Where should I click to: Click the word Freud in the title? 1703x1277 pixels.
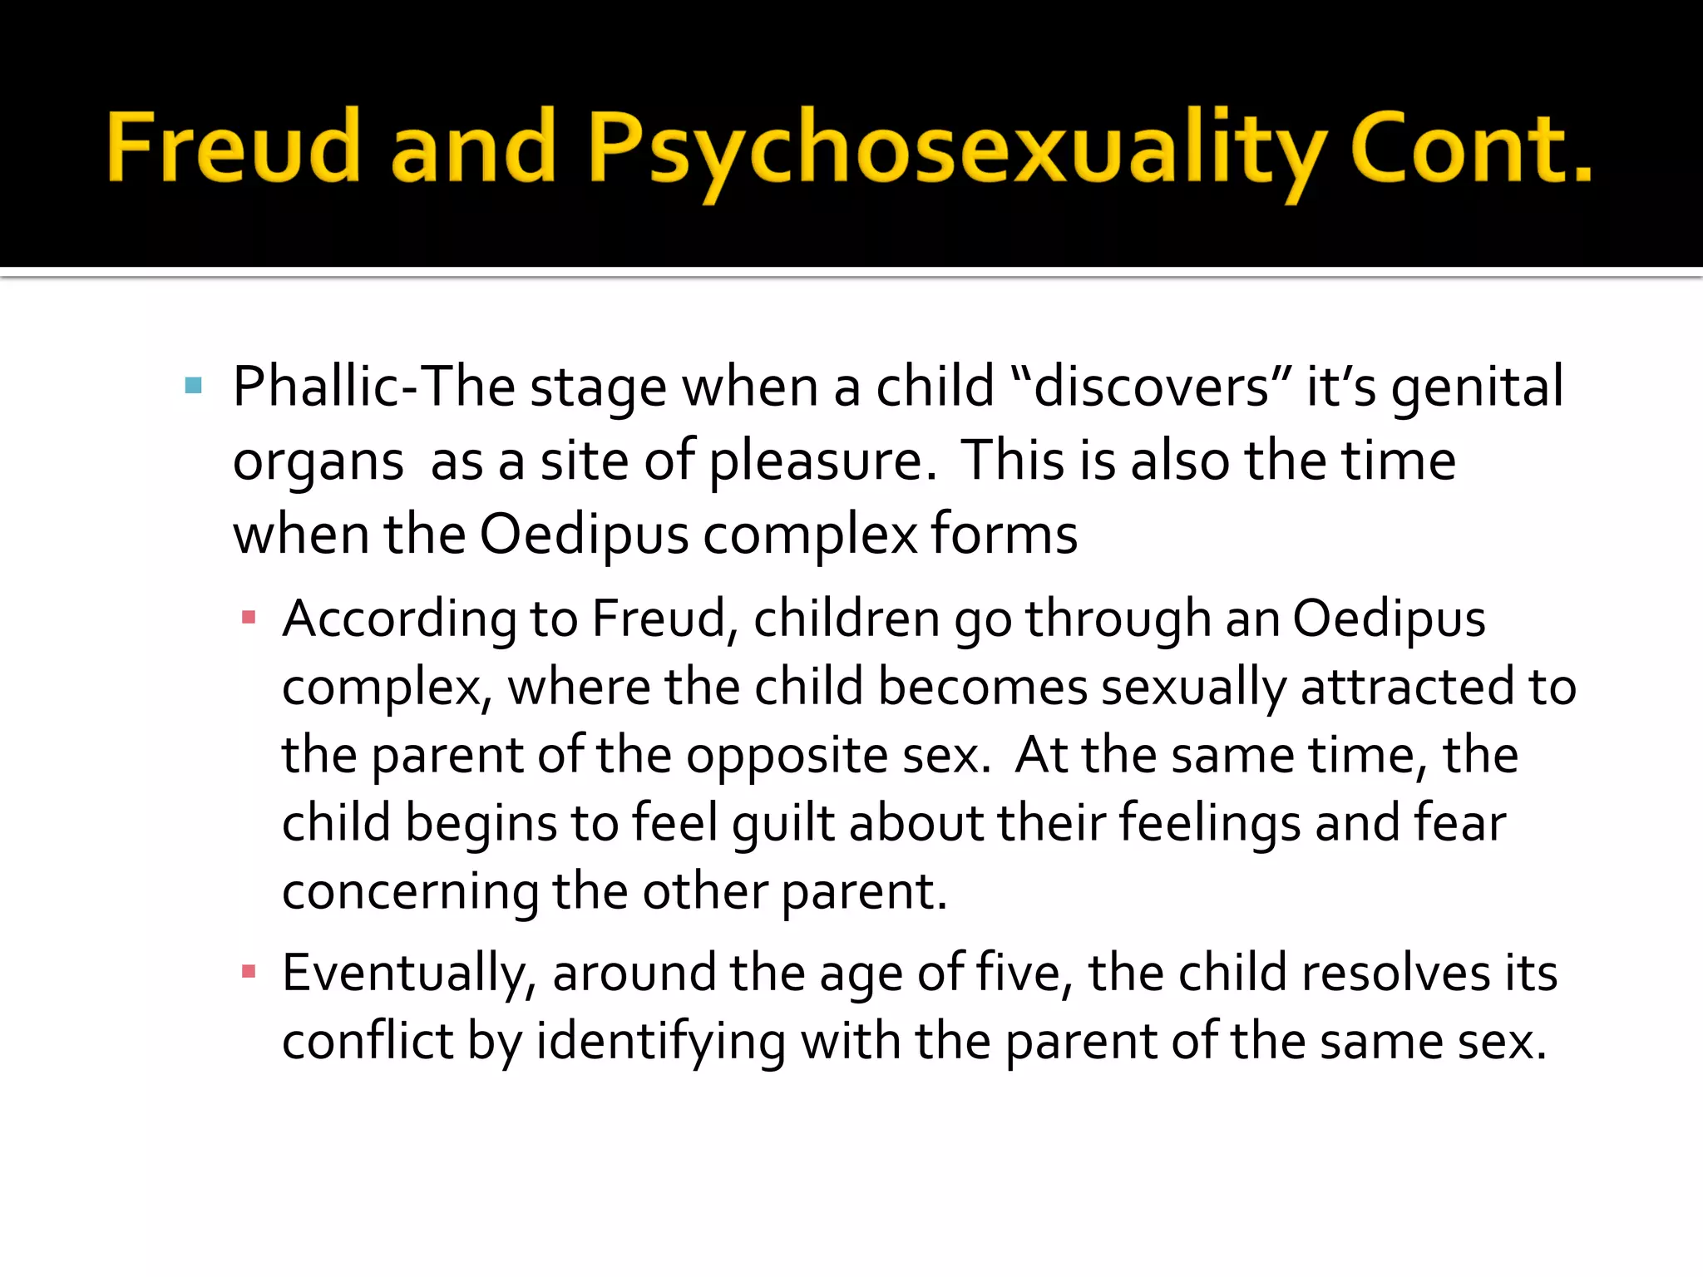point(233,147)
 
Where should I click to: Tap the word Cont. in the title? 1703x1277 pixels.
point(1470,147)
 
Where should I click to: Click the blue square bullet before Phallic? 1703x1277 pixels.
point(194,385)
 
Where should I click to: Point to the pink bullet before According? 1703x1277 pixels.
point(248,618)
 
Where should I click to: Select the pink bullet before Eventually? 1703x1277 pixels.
point(248,971)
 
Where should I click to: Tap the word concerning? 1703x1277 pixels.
point(411,892)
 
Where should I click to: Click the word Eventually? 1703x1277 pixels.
point(409,974)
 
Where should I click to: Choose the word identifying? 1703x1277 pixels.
point(661,1042)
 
